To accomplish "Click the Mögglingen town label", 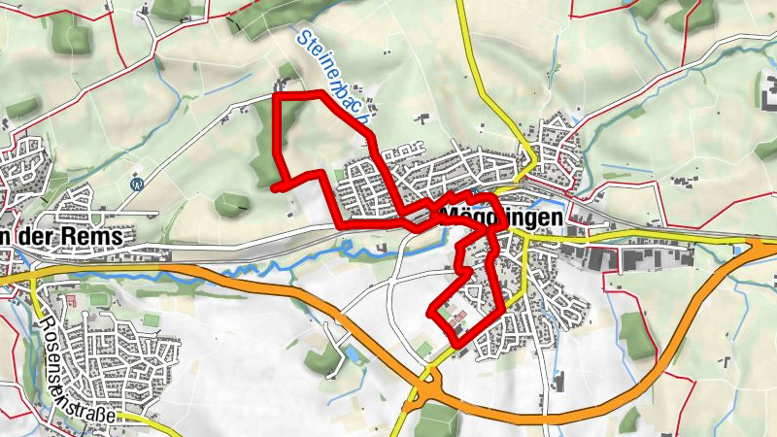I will [x=501, y=218].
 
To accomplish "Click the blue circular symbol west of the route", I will [x=136, y=182].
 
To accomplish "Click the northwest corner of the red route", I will [x=278, y=96].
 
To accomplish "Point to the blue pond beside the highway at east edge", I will [x=743, y=250].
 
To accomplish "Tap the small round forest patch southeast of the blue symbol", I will [x=233, y=205].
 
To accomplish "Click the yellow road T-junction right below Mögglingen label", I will [x=524, y=235].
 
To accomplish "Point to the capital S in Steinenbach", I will [x=299, y=40].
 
